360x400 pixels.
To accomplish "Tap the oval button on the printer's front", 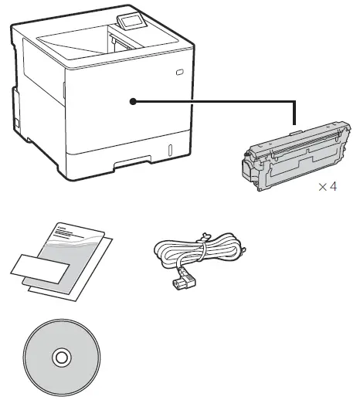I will [179, 72].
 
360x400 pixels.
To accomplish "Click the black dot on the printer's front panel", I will [133, 100].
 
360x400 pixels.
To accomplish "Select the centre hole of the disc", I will [59, 358].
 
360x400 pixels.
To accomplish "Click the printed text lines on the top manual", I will [69, 229].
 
